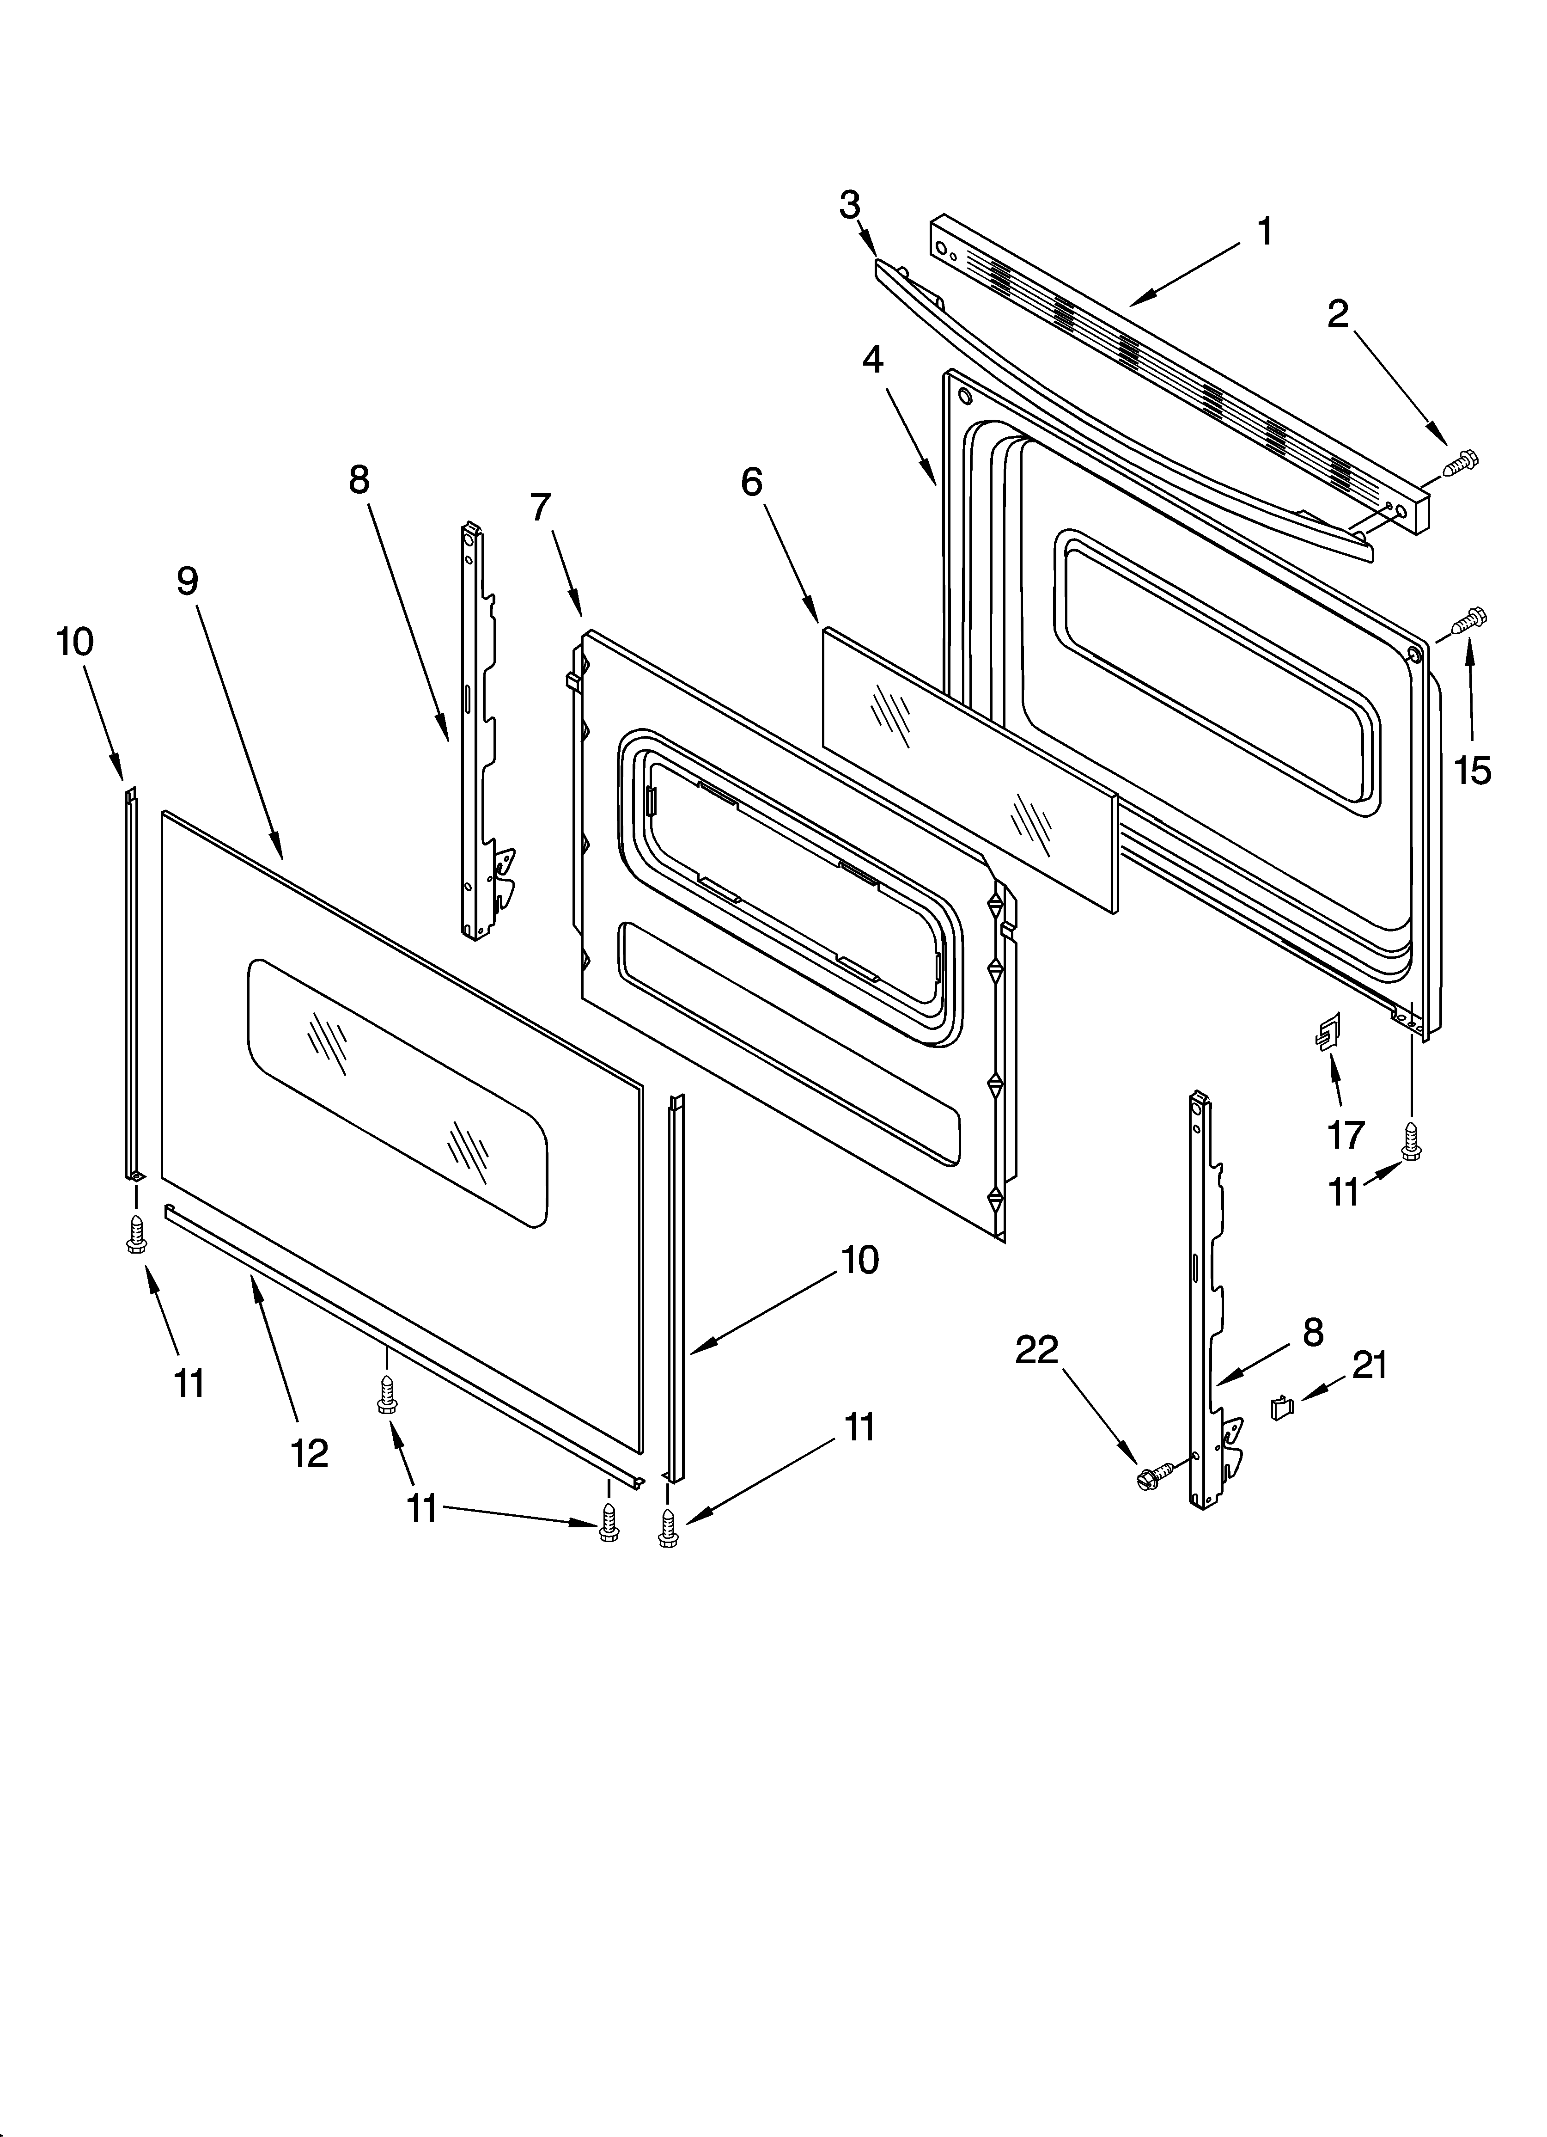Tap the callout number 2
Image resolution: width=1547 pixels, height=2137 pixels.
[x=1338, y=316]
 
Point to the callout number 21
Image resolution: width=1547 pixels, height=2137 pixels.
[x=1370, y=1365]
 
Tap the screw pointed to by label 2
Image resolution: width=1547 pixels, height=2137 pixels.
[x=1459, y=463]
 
